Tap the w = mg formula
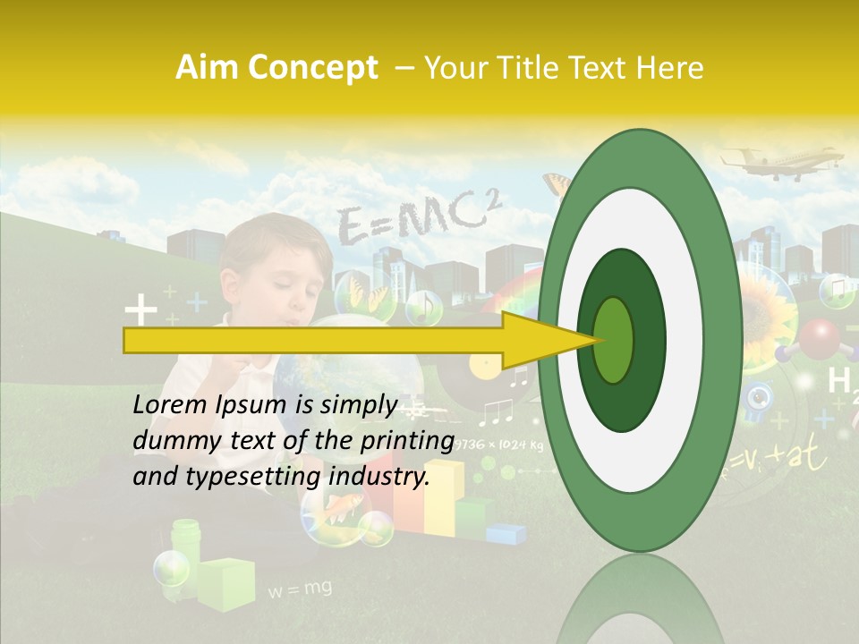300,589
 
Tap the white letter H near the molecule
838,381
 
